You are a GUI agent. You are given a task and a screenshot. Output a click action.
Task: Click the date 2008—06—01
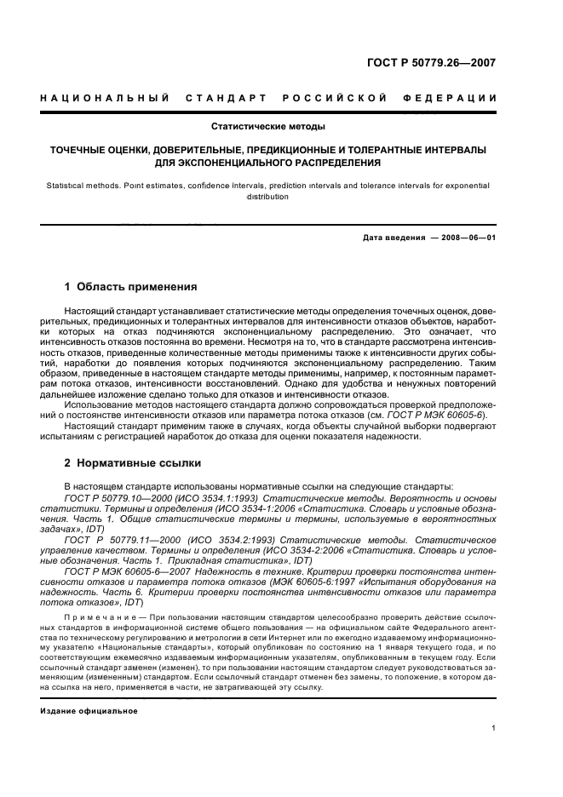click(469, 238)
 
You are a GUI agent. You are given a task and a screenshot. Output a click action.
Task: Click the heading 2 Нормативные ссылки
click(133, 464)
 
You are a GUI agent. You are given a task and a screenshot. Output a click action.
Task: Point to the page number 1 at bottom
click(493, 729)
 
